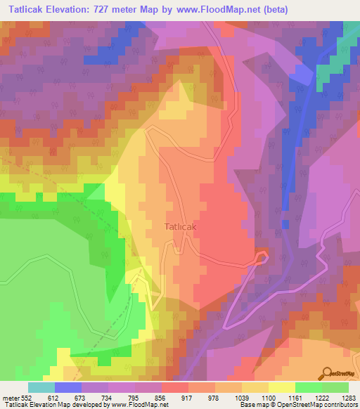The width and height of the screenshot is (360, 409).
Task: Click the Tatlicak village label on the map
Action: pyautogui.click(x=184, y=227)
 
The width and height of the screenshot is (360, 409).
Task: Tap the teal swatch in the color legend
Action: pyautogui.click(x=41, y=387)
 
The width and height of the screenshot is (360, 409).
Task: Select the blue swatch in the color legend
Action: pyautogui.click(x=67, y=387)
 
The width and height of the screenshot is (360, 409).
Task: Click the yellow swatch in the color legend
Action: pyautogui.click(x=281, y=387)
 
